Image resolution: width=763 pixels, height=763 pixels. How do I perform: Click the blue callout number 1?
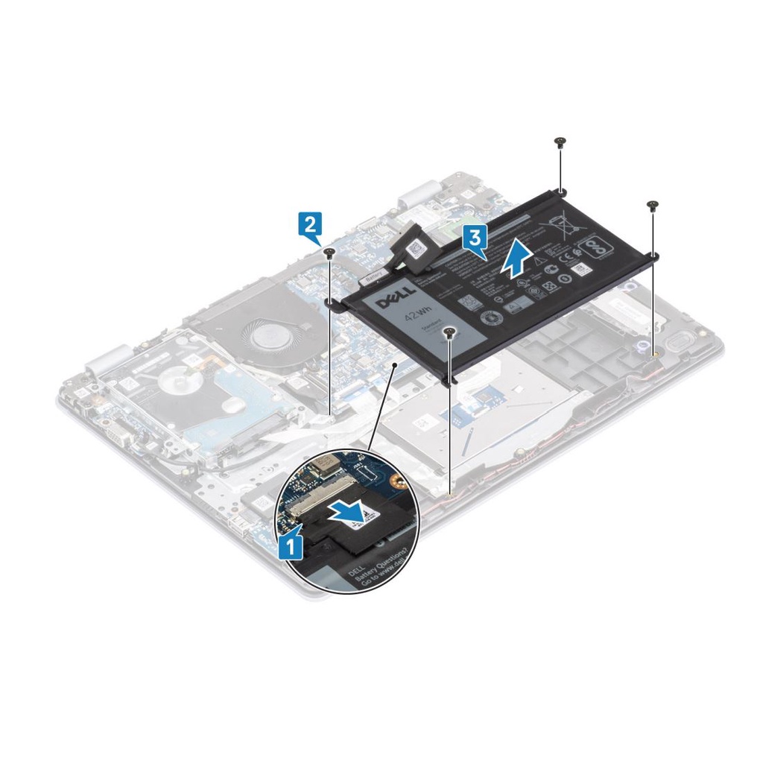pos(291,546)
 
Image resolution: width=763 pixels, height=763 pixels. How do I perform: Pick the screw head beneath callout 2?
pos(329,253)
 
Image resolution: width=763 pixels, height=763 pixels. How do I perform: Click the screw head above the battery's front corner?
pos(449,332)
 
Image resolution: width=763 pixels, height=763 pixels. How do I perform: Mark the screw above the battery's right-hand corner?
pos(653,204)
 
